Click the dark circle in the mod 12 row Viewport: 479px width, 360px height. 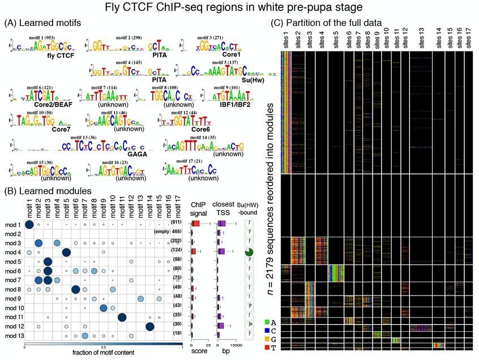[x=150, y=326]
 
